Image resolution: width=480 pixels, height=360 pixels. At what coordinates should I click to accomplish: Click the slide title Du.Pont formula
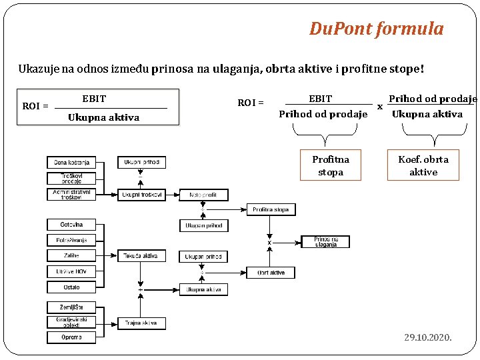point(376,29)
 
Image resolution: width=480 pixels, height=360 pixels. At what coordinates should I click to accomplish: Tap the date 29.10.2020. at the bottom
point(427,337)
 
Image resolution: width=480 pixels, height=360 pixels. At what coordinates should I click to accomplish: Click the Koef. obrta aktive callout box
point(423,165)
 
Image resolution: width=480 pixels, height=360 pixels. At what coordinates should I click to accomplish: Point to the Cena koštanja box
point(71,162)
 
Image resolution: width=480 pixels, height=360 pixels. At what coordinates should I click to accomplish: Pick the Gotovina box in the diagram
point(71,225)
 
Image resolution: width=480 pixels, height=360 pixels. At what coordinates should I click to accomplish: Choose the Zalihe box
point(71,255)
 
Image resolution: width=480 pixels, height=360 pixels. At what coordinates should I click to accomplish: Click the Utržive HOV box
point(71,271)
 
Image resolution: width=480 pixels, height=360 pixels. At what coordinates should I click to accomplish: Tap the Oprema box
point(71,337)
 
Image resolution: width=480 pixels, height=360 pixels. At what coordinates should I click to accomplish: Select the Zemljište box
point(71,307)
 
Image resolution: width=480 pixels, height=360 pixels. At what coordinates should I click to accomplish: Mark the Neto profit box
point(203,195)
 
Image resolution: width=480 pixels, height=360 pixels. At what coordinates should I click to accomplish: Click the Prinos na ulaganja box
point(325,241)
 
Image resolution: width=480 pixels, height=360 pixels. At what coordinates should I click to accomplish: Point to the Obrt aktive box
point(271,273)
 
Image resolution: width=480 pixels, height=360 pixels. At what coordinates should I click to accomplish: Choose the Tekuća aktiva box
point(141,255)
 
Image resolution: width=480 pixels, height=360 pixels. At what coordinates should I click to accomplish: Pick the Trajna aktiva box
point(141,323)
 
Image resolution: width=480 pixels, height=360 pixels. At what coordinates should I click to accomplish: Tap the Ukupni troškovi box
point(141,195)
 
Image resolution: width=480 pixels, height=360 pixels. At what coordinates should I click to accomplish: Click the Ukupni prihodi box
point(141,162)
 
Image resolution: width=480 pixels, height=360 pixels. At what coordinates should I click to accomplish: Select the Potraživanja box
point(71,240)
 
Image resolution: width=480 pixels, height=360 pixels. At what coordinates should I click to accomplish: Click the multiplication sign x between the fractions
point(380,106)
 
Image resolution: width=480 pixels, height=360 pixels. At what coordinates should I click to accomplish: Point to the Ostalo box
point(71,287)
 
